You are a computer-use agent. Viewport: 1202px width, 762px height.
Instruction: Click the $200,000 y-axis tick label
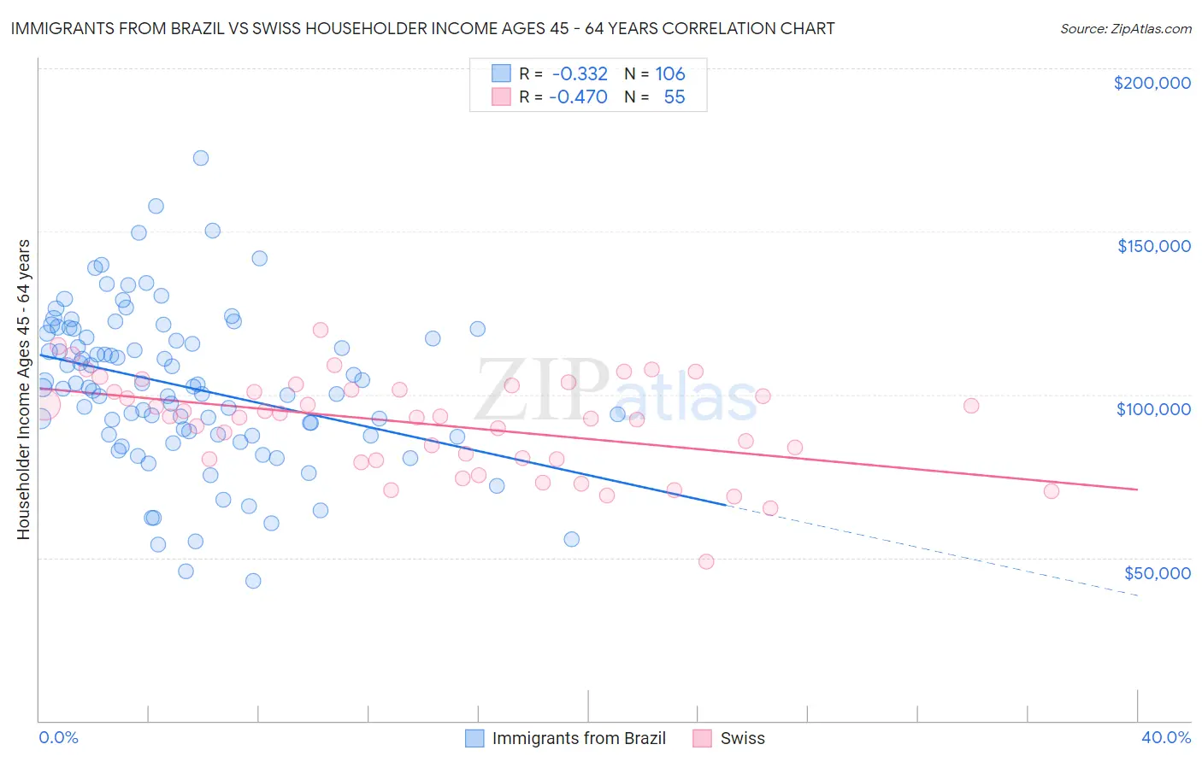pos(1152,83)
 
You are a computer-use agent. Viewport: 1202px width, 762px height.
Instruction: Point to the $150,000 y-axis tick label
pos(1153,246)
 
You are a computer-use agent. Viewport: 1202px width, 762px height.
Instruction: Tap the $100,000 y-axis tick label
pos(1153,409)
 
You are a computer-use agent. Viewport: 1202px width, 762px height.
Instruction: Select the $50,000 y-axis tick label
pos(1157,572)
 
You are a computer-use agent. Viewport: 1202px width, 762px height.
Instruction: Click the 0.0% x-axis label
pos(58,737)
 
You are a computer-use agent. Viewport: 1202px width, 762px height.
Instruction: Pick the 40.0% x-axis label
pos(1166,737)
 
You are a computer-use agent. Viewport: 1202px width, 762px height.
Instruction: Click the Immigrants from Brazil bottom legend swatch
pos(474,738)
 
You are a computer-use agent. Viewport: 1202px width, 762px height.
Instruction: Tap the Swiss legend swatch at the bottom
pos(703,738)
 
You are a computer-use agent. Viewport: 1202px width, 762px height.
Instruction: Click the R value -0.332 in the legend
pos(579,74)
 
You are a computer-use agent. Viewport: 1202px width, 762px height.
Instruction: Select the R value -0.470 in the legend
pos(577,97)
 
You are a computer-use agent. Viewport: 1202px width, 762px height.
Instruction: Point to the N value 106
pos(670,74)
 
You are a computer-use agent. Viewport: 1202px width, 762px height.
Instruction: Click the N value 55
pos(674,97)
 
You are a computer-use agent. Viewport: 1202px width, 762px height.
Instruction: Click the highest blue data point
pos(201,158)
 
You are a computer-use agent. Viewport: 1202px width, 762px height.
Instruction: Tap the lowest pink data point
pos(706,561)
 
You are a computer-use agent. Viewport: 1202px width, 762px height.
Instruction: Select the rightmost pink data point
pos(1052,491)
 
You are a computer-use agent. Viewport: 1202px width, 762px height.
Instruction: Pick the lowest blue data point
pos(253,581)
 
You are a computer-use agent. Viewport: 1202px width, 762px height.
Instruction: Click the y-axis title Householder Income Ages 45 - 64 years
pos(23,390)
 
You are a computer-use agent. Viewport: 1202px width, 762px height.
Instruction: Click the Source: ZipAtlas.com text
pos(1125,29)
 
